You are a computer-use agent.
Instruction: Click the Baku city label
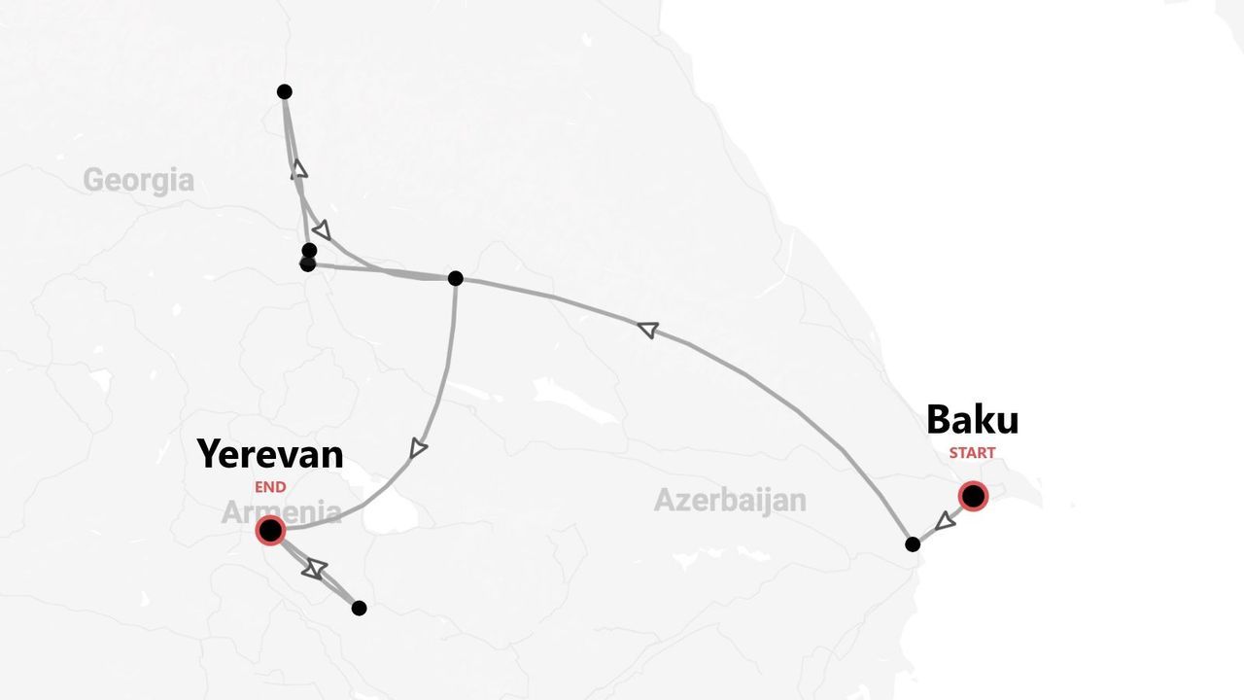click(x=972, y=420)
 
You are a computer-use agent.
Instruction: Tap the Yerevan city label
click(x=270, y=454)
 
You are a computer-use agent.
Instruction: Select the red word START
click(x=972, y=453)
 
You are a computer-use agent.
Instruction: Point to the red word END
click(x=270, y=487)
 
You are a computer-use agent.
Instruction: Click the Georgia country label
click(x=138, y=180)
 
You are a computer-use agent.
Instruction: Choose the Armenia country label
click(x=281, y=512)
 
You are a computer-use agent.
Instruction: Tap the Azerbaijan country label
click(x=730, y=500)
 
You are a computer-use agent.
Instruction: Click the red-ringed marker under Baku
click(x=973, y=496)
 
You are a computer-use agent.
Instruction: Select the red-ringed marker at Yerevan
click(x=270, y=530)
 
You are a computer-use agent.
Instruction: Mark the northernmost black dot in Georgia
click(x=284, y=91)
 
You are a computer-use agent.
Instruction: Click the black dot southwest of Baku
click(x=912, y=544)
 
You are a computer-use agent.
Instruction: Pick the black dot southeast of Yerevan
click(x=359, y=608)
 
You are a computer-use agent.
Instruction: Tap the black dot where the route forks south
click(x=455, y=278)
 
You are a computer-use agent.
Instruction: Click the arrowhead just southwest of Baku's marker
click(x=943, y=522)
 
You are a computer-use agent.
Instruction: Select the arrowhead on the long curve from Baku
click(x=647, y=331)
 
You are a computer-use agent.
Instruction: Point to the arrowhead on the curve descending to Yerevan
click(x=418, y=448)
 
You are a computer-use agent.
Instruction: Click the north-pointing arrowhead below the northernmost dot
click(x=299, y=169)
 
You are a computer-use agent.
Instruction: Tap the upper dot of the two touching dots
click(x=309, y=251)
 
